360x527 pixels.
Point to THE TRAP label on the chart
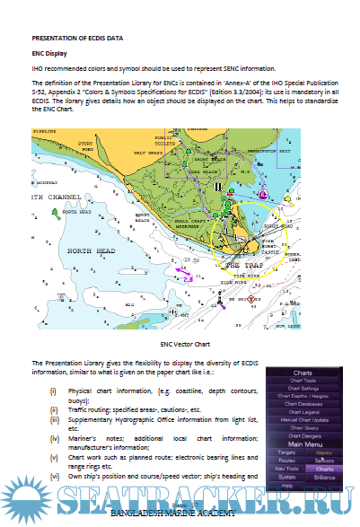[x=244, y=267]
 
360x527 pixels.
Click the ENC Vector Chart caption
[x=185, y=344]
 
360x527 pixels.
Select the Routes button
[x=286, y=461]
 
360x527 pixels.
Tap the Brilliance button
[x=327, y=477]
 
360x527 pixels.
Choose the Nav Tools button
[x=286, y=469]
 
